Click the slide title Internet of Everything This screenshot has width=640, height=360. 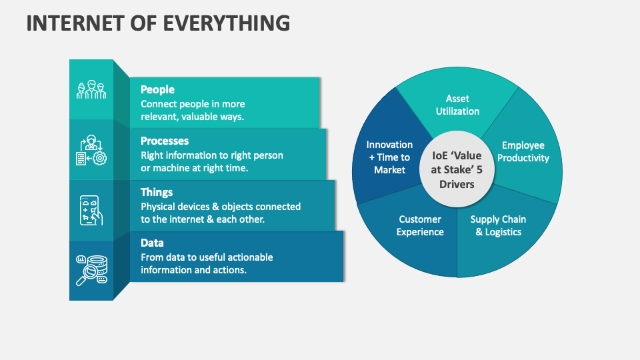(x=158, y=23)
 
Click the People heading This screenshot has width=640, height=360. (x=157, y=89)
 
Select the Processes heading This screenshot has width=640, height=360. (x=165, y=141)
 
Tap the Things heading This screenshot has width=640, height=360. (x=157, y=192)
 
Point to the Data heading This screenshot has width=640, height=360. (x=152, y=243)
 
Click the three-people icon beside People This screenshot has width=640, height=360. (x=91, y=90)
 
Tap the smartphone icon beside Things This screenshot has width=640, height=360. (x=91, y=210)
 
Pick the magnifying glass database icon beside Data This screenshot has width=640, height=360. (x=91, y=269)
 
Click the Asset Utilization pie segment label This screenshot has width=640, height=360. (x=457, y=105)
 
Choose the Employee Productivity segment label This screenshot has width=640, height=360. (x=523, y=152)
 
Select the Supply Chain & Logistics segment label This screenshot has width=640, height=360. (x=498, y=225)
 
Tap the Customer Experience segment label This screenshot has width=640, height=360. (x=420, y=225)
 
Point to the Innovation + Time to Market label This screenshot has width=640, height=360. (x=389, y=157)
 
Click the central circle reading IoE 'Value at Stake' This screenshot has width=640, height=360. (x=456, y=163)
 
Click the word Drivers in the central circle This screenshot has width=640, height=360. (x=456, y=183)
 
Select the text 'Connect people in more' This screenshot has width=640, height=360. (x=193, y=104)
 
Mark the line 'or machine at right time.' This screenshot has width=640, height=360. (x=194, y=168)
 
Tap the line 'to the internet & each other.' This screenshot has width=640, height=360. (x=203, y=219)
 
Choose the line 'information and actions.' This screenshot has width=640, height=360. (x=193, y=270)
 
